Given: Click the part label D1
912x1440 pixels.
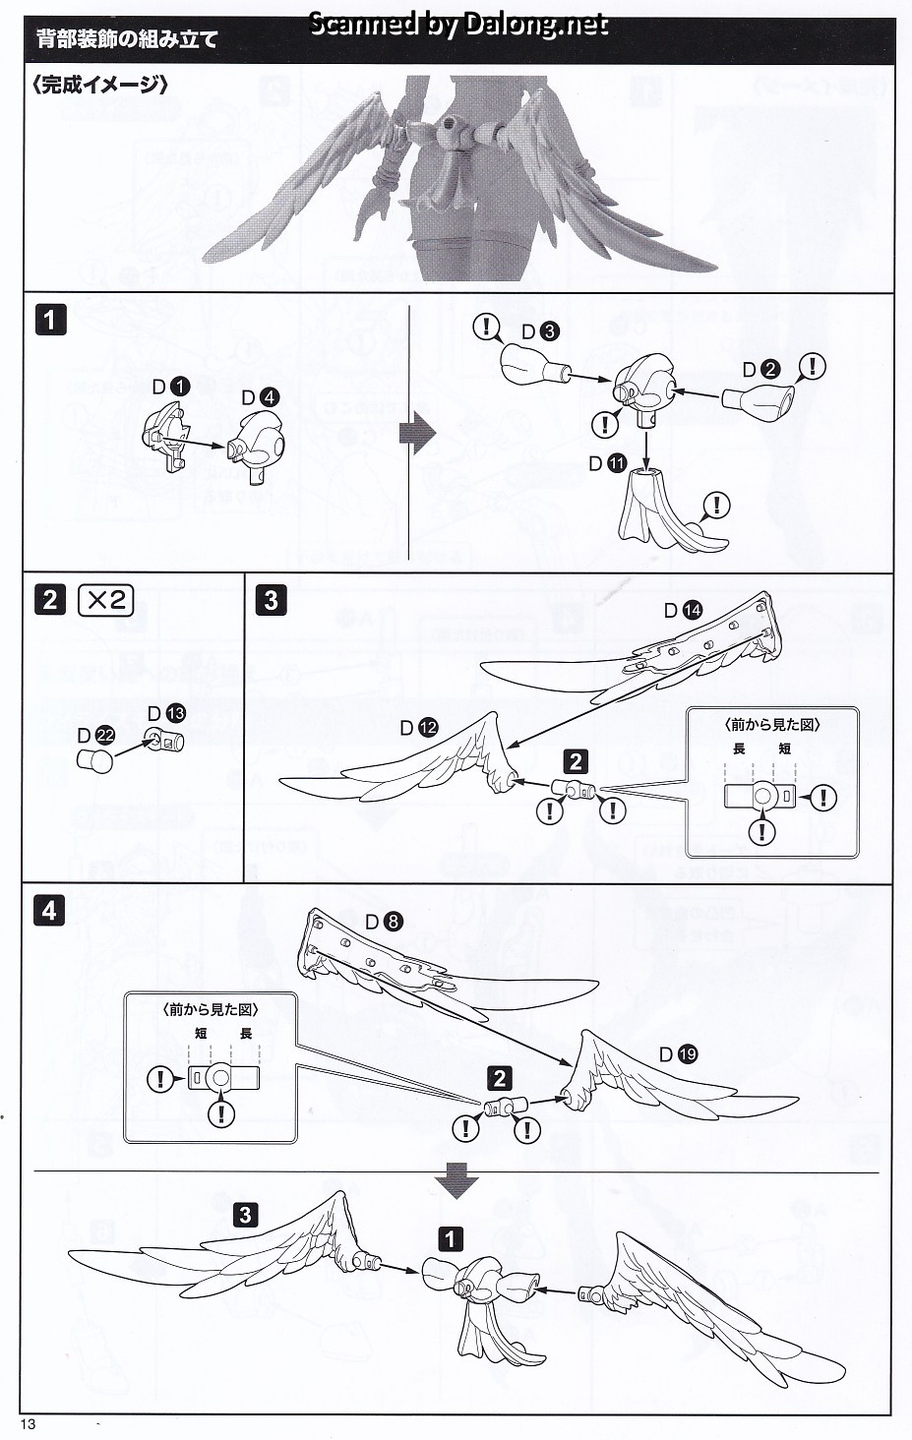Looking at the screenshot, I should (170, 387).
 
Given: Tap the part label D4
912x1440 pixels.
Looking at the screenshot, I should (260, 397).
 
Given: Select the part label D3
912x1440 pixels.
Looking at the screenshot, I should (539, 331).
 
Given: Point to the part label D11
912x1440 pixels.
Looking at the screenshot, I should (607, 463).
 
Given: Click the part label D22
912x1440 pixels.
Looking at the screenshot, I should (95, 735).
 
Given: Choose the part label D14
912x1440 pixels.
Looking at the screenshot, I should (683, 610).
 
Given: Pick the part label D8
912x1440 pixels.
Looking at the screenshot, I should (384, 922).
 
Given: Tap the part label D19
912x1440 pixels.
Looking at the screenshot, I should (678, 1054).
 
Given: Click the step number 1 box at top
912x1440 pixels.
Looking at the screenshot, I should (50, 320).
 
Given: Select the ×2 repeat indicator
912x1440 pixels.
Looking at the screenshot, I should (105, 599).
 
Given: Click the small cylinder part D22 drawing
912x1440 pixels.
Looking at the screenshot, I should (95, 761).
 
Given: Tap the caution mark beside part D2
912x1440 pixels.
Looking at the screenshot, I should (812, 367).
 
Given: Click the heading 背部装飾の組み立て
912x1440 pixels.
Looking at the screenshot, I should (126, 40).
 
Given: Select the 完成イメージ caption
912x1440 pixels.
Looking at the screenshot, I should (99, 85).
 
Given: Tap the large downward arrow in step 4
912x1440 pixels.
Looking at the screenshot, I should (456, 1180).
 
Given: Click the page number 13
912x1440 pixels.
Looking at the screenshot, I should (27, 1425).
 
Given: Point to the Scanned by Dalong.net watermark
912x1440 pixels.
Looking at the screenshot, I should (458, 24).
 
